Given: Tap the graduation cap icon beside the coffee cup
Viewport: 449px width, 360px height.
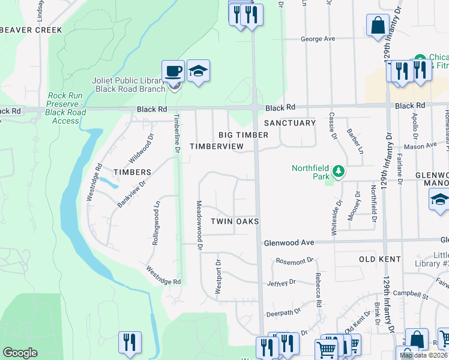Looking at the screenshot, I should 198,71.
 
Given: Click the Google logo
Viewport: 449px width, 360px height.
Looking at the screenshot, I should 20,353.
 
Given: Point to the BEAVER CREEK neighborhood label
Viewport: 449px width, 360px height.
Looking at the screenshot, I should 31,30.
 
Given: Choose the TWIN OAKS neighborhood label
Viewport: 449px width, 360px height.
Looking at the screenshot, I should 235,221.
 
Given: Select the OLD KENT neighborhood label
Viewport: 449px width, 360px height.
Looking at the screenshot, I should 379,259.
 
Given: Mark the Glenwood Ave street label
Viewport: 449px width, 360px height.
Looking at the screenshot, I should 289,242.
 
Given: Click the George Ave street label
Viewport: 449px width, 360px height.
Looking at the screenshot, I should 318,39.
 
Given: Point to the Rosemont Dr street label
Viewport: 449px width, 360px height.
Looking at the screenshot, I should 294,261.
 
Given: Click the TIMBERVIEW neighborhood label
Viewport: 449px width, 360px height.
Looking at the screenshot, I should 217,146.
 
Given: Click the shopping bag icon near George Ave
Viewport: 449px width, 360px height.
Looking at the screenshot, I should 378,26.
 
